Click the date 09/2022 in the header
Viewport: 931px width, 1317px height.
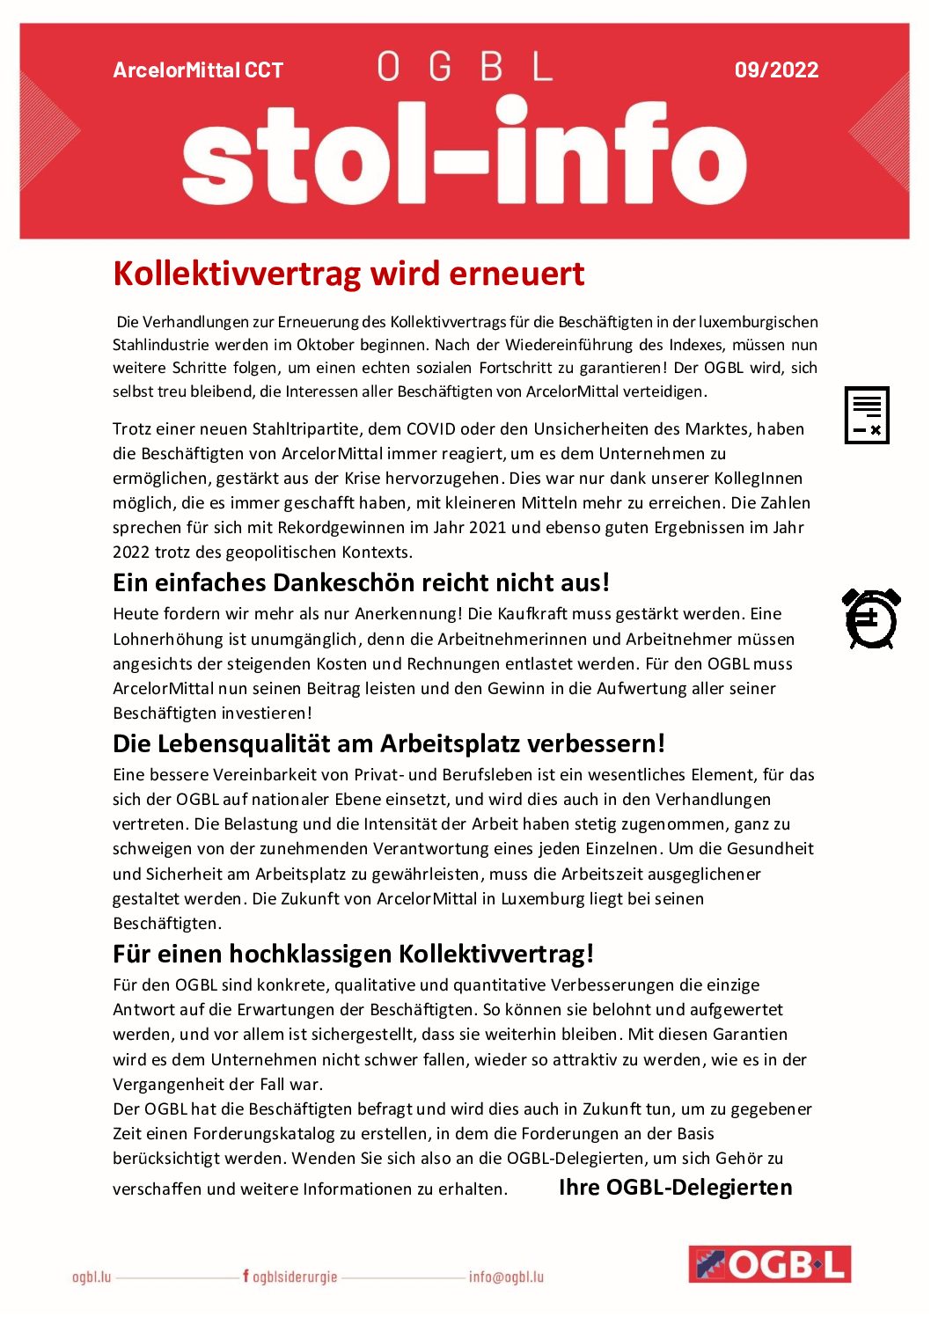coord(776,70)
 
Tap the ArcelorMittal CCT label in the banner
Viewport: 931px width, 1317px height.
coord(198,70)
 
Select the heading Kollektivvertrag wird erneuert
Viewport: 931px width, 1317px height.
coord(348,274)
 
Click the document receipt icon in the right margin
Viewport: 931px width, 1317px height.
coord(867,415)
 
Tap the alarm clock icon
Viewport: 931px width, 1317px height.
coord(871,618)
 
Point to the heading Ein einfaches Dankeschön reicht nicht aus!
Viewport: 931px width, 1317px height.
coord(361,582)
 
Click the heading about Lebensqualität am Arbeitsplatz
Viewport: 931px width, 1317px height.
coord(388,743)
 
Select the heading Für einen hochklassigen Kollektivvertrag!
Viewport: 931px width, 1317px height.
coord(353,954)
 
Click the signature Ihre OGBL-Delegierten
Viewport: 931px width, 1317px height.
coord(675,1188)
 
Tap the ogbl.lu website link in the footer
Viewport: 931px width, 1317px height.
coord(92,1277)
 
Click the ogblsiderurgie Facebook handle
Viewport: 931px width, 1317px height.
coord(290,1277)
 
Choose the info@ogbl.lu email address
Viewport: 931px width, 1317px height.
coord(506,1277)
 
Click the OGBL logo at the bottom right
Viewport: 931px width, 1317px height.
coord(769,1264)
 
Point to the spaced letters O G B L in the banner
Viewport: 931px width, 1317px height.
coord(465,67)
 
